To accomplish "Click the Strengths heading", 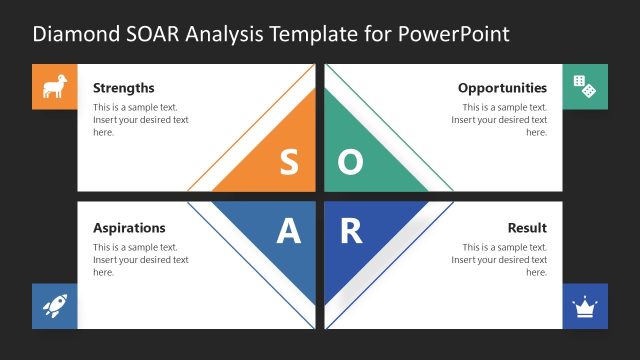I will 123,88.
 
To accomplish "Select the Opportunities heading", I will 502,88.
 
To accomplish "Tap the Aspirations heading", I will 129,228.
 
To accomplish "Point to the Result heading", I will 527,228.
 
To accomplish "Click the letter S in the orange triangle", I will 288,163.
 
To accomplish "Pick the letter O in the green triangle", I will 350,163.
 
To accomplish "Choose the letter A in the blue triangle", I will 288,232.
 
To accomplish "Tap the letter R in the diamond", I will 350,232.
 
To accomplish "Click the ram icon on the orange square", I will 54,88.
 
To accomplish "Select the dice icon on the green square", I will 585,88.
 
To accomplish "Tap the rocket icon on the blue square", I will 54,306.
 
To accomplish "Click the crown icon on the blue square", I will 585,306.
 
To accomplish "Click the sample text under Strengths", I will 140,119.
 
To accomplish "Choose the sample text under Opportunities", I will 499,119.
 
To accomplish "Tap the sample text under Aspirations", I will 140,259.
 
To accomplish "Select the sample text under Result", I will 499,259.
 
